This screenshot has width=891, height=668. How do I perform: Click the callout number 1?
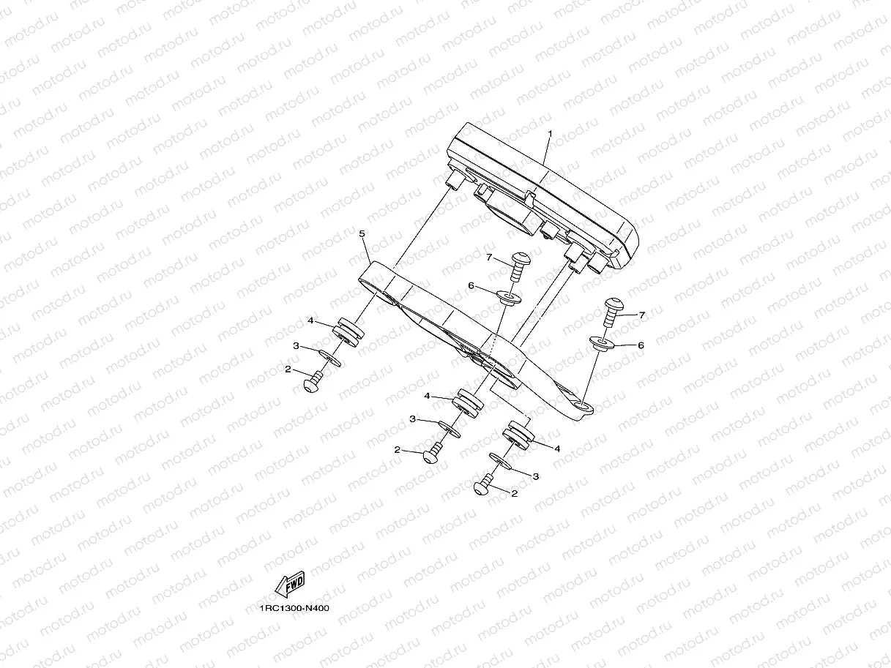pos(550,135)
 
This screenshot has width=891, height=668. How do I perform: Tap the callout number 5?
pos(362,233)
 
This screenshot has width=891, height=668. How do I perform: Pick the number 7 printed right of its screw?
pos(642,315)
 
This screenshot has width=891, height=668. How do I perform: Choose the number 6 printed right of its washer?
pos(641,345)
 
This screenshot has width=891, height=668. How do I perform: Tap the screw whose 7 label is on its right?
pos(611,309)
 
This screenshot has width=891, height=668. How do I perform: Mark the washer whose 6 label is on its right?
pos(600,343)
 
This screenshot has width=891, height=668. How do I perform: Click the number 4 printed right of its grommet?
pos(557,449)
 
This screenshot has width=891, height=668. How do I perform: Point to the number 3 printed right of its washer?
pos(536,476)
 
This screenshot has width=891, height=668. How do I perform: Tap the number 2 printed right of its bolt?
pos(514,494)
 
